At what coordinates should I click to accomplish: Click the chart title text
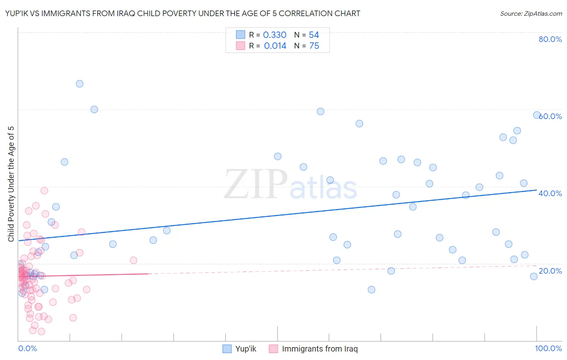point(183,13)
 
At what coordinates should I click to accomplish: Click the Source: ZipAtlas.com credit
point(531,13)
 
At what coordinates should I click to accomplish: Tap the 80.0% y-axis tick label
point(550,39)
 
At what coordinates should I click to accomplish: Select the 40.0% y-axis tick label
point(550,193)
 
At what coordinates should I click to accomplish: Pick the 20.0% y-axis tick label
point(550,271)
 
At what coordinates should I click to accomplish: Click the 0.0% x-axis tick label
point(27,348)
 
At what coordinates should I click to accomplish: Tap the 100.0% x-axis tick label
point(548,348)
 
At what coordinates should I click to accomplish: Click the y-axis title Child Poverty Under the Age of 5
point(11,184)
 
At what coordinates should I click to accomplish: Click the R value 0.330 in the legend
point(275,35)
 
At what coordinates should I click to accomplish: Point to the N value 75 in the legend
point(314,46)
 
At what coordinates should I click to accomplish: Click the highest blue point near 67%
point(79,84)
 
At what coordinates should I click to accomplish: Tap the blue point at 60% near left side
point(94,109)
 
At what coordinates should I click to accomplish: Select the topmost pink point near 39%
point(44,190)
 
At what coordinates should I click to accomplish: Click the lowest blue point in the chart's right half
point(371,289)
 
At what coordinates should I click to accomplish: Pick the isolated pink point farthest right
point(133,260)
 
